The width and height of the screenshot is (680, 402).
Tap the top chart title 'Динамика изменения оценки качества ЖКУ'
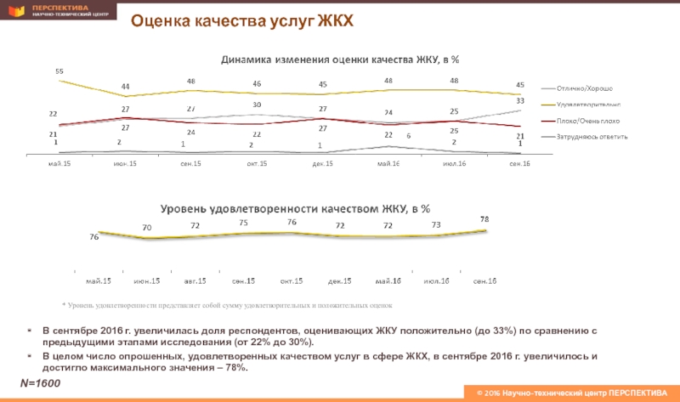tap(340, 59)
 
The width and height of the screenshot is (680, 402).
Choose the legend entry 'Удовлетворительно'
tap(586, 105)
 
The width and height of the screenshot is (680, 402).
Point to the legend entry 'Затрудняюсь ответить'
tap(592, 137)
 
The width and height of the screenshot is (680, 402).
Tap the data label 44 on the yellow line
tap(125, 86)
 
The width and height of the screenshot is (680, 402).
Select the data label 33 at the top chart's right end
tap(519, 100)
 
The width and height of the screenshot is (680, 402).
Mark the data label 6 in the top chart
tap(409, 136)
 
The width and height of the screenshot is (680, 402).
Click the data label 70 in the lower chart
tap(147, 227)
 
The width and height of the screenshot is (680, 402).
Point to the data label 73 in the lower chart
tap(436, 224)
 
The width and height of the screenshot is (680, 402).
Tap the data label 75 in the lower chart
tap(244, 223)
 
